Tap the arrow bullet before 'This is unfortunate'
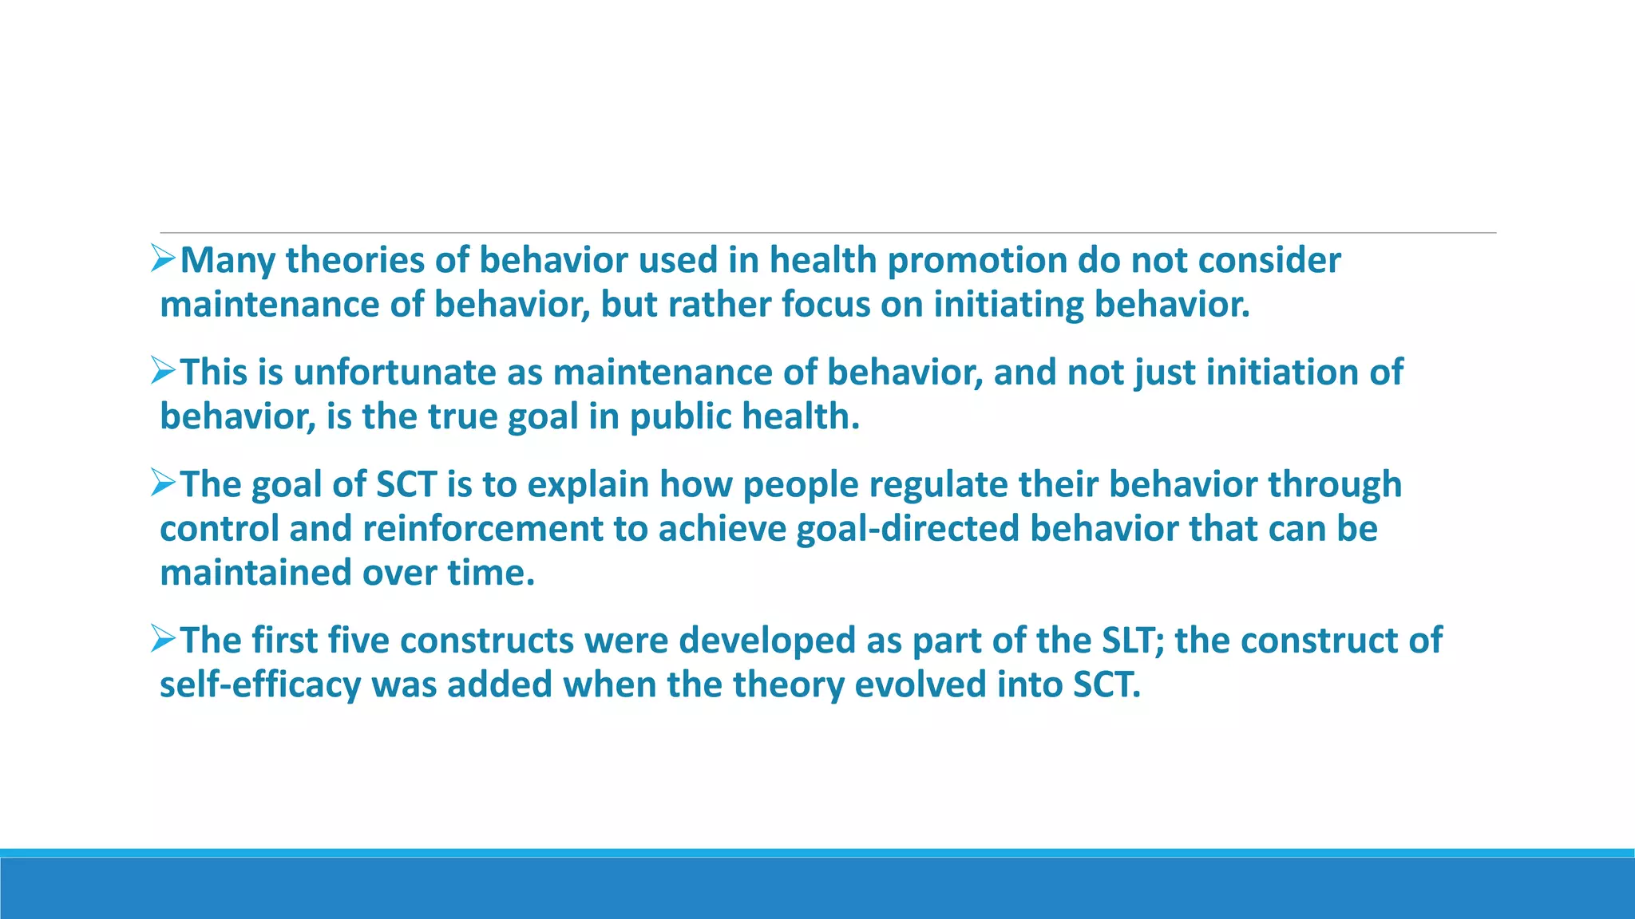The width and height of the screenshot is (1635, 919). pos(163,370)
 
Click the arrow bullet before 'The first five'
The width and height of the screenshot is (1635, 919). pos(163,638)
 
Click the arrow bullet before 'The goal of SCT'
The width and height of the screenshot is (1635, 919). pos(163,483)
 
